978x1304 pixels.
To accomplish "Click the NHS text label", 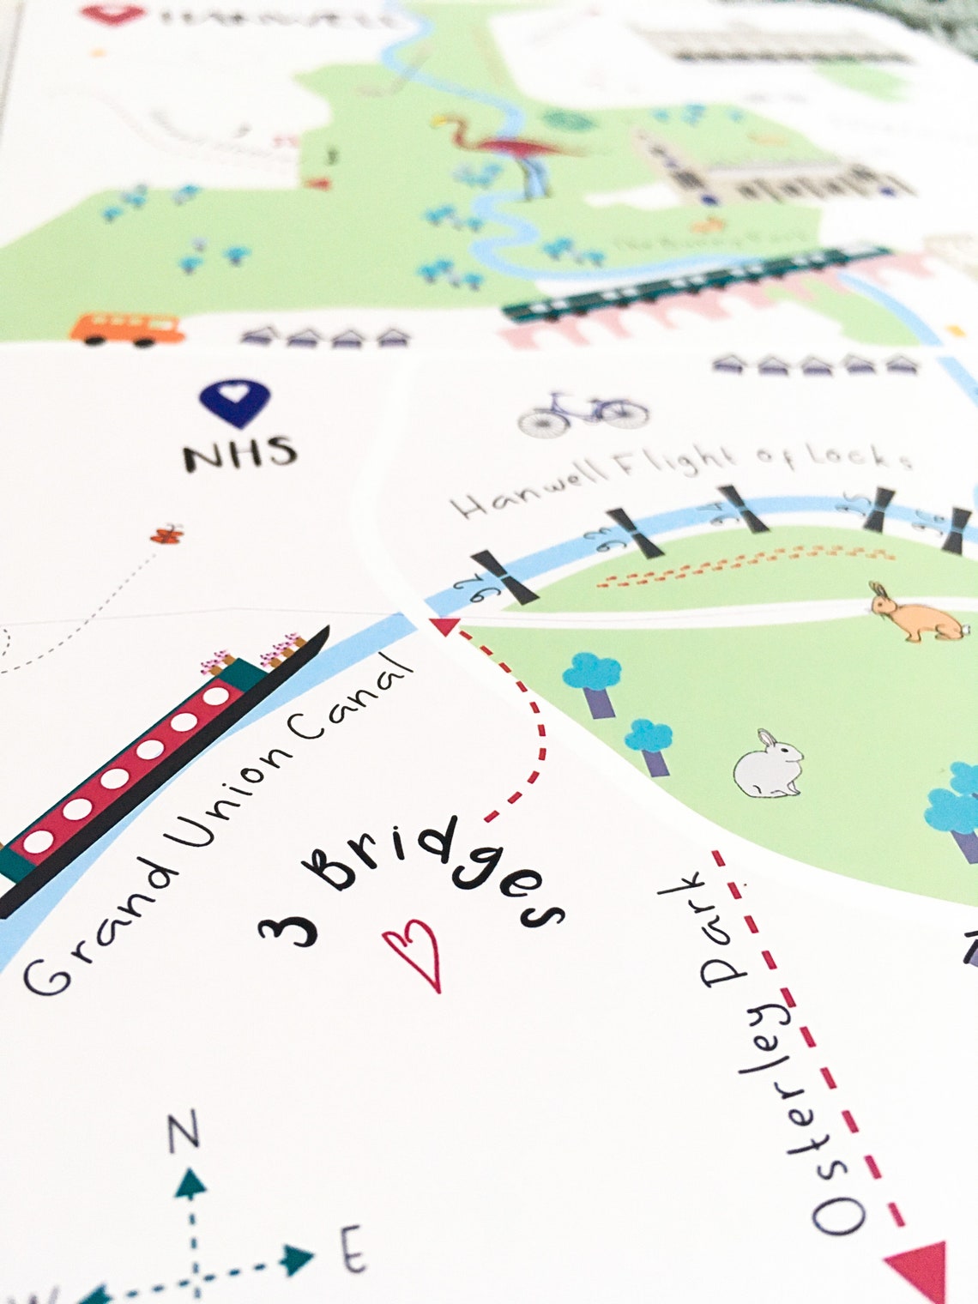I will click(x=240, y=453).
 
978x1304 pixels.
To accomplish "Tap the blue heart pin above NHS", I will click(x=234, y=402).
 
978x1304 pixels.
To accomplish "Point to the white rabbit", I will click(x=769, y=765).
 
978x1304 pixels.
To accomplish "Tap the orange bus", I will click(x=127, y=328).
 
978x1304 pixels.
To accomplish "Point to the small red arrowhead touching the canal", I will click(x=444, y=626).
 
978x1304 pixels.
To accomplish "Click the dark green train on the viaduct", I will click(x=695, y=283).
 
